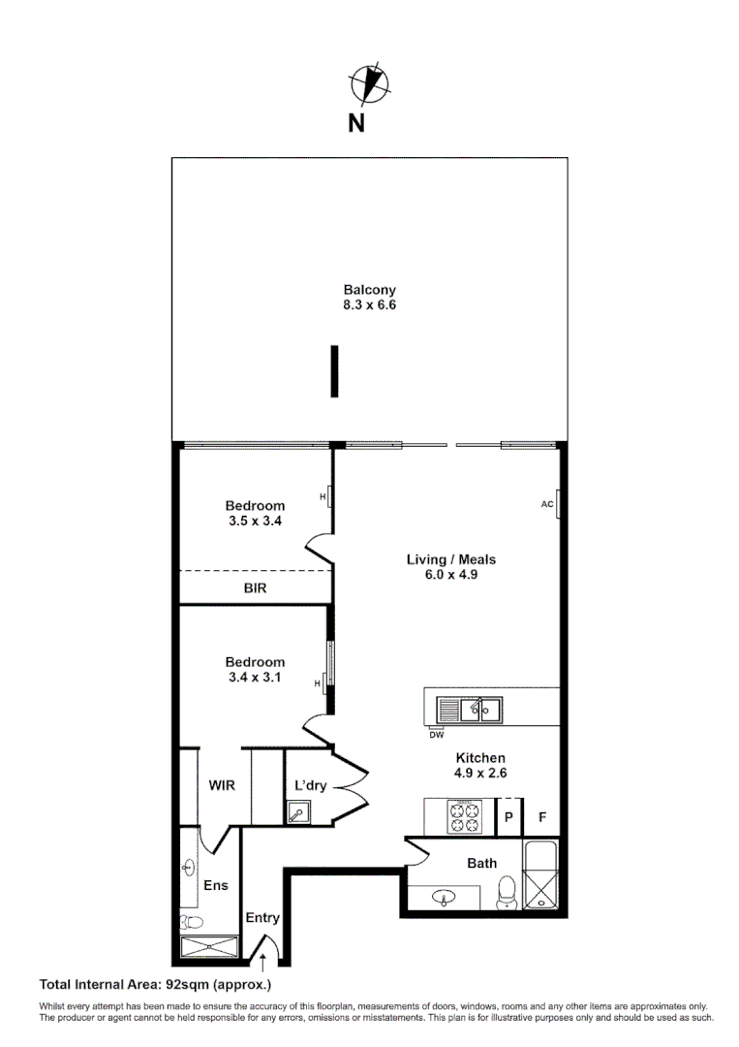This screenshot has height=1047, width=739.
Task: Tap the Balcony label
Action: (369, 289)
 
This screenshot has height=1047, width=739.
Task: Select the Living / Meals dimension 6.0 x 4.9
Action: (450, 574)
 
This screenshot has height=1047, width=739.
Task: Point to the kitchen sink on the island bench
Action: (468, 710)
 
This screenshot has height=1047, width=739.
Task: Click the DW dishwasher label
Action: (436, 734)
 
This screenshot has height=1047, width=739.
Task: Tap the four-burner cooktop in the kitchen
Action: (463, 815)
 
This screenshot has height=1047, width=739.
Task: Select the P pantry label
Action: (508, 817)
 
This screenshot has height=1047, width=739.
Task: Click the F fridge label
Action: (542, 817)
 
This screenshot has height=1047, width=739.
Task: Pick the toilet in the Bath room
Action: (506, 892)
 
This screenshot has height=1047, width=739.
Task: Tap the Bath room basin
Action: (445, 898)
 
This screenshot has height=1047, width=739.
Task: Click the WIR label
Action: (222, 785)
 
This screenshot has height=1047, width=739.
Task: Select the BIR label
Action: (255, 587)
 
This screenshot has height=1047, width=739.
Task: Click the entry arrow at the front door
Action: (262, 960)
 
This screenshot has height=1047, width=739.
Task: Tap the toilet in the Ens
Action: (191, 923)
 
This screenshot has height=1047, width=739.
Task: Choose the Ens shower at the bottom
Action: (209, 947)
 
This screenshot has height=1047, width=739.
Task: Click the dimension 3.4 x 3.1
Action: (255, 678)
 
